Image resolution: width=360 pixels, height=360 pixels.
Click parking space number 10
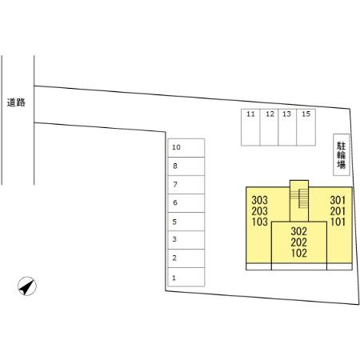click(x=186, y=148)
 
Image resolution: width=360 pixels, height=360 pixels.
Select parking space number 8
click(x=186, y=166)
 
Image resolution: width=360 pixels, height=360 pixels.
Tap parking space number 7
click(x=186, y=185)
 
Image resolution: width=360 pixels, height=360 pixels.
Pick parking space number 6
click(x=186, y=203)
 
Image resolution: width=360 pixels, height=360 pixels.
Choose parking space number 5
click(x=186, y=222)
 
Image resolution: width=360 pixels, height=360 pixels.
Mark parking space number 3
click(x=186, y=240)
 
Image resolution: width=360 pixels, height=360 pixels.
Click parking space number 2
click(x=186, y=258)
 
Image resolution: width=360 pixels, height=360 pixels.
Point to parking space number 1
click(x=186, y=277)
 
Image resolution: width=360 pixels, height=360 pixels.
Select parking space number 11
click(x=250, y=127)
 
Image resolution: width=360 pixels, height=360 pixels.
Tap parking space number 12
click(x=269, y=127)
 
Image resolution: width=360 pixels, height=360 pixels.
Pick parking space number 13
click(x=287, y=127)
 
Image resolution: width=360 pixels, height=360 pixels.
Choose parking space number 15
click(x=306, y=127)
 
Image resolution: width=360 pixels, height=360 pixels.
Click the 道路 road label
click(x=16, y=102)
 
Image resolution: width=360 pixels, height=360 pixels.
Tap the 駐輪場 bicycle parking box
click(x=342, y=154)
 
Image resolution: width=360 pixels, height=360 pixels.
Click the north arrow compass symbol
click(x=27, y=286)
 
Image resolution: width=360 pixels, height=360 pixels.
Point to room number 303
click(x=259, y=200)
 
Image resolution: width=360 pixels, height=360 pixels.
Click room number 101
click(x=338, y=222)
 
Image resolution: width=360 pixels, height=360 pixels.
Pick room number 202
click(x=299, y=242)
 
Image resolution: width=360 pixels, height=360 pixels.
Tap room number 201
click(x=338, y=211)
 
